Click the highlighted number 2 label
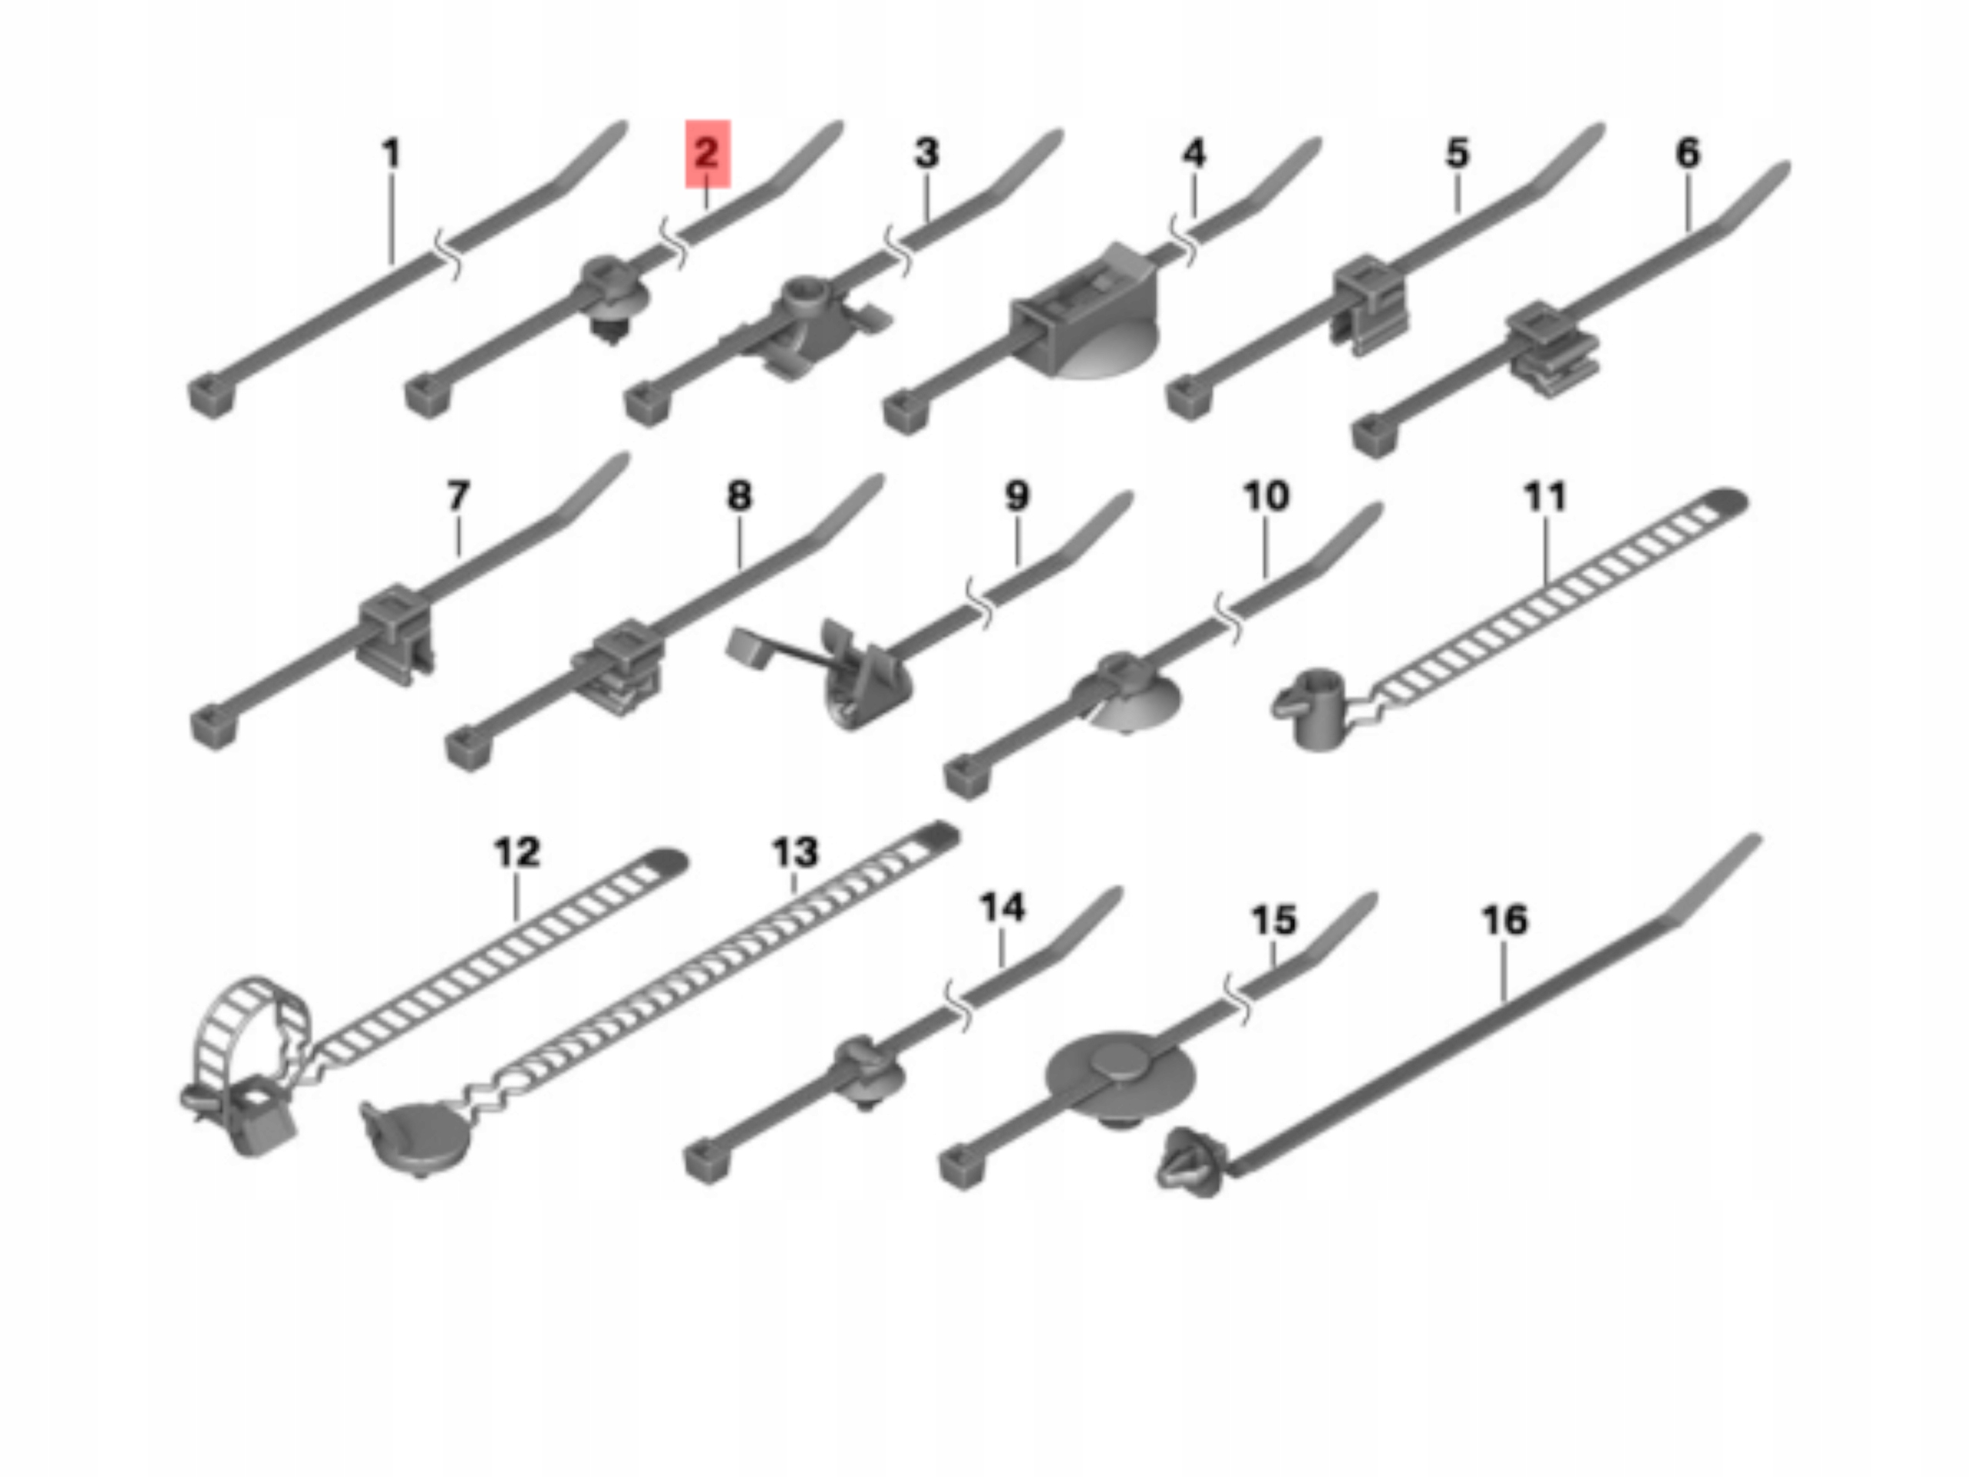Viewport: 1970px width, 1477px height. coord(707,154)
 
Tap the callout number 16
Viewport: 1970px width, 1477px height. coord(1504,920)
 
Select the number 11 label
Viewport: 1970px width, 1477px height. coord(1544,497)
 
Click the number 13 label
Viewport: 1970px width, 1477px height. coord(794,852)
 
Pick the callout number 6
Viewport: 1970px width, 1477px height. coord(1688,153)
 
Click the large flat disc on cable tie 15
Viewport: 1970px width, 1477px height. coord(1120,1075)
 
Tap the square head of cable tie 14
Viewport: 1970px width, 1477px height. coord(708,1161)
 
